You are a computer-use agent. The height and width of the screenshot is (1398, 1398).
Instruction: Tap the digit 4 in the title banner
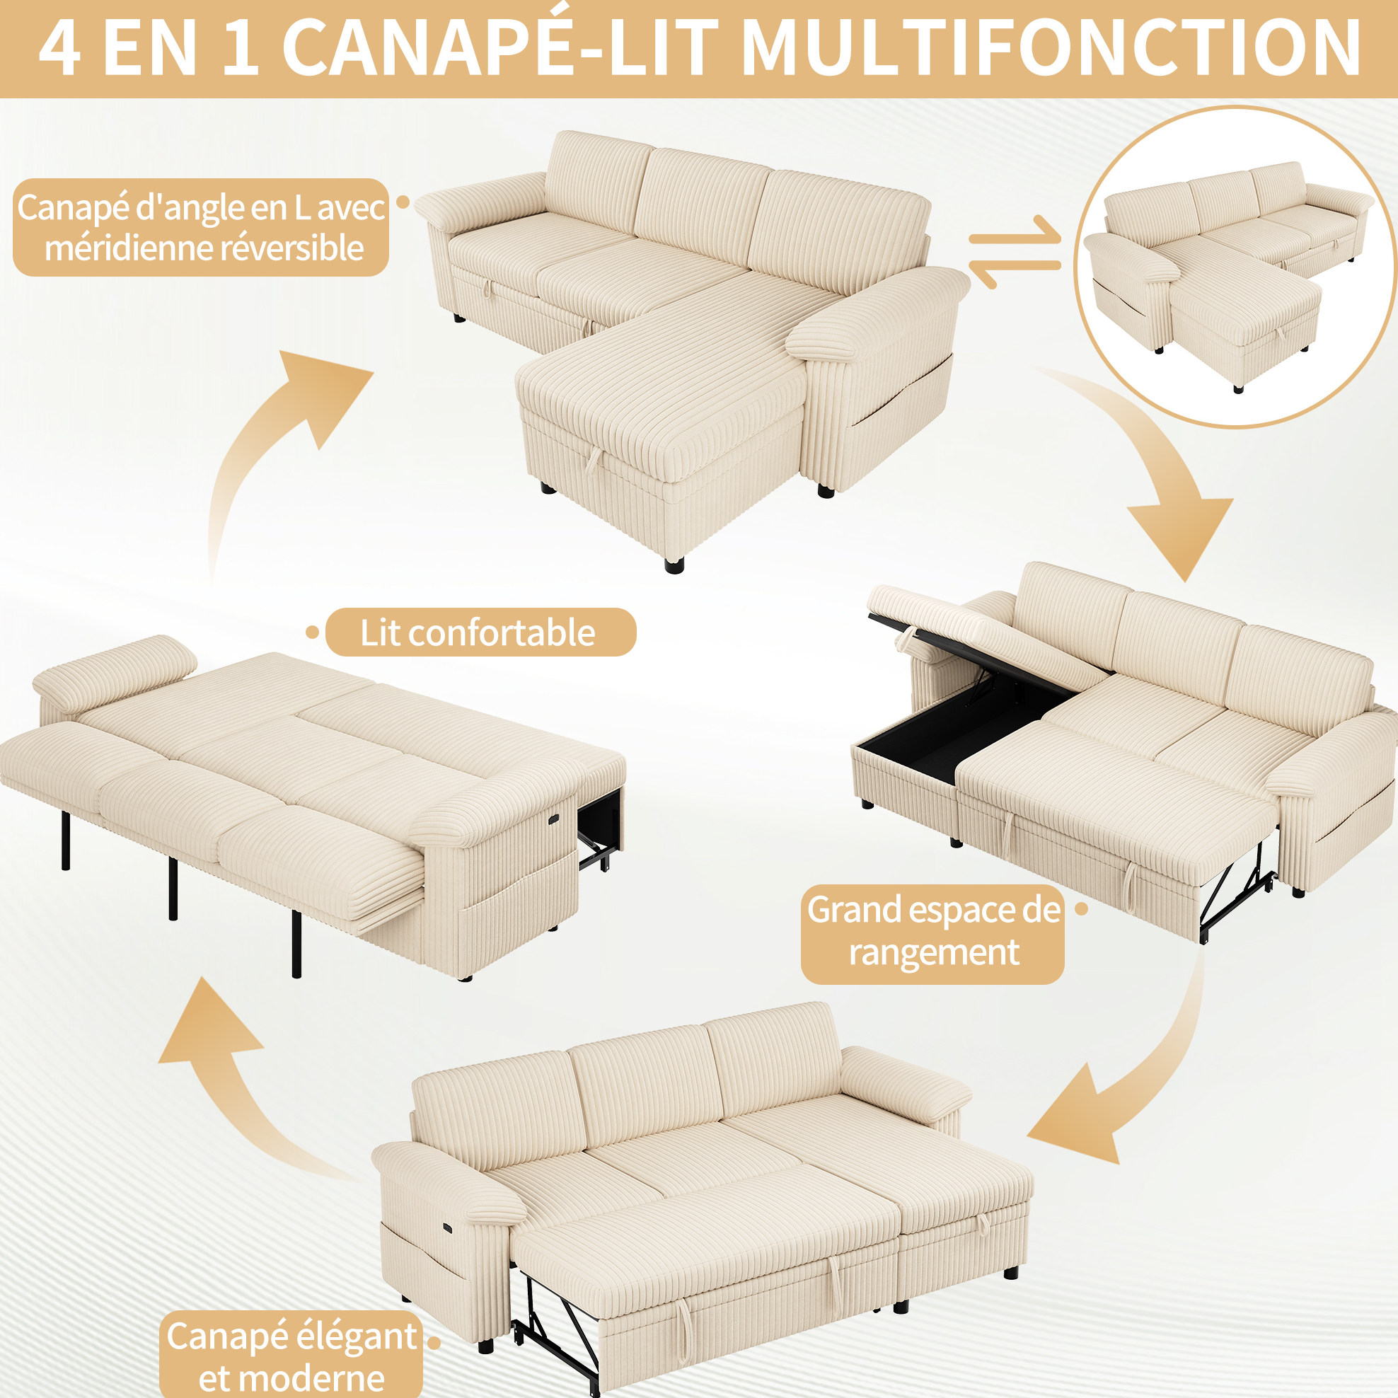pos(59,48)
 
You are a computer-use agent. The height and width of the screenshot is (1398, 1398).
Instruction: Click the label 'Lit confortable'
pos(480,632)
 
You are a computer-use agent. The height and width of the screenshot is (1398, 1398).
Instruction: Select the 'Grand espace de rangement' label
pos(932,933)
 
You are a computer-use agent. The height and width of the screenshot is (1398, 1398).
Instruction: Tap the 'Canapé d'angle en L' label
pos(201,227)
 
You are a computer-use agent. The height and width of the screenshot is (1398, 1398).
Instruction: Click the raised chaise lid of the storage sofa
pos(984,637)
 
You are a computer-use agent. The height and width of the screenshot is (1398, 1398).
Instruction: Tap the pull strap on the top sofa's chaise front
pos(594,458)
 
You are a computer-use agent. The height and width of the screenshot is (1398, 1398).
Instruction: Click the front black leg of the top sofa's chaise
pos(674,565)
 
